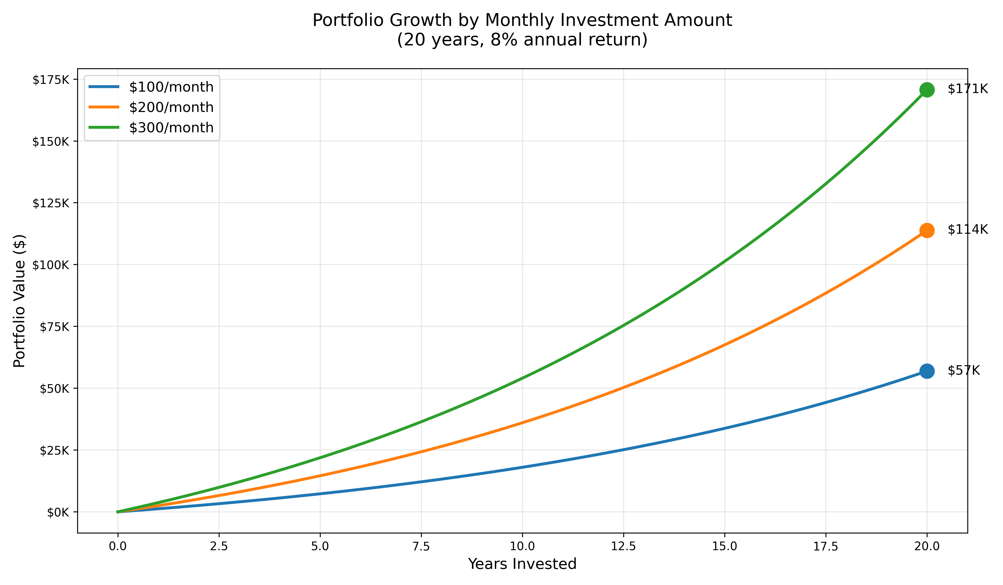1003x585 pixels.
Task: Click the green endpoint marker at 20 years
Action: (927, 90)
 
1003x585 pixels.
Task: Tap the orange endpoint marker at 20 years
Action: (927, 230)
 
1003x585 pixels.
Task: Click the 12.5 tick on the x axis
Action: (623, 546)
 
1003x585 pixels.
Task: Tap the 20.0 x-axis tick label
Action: (927, 546)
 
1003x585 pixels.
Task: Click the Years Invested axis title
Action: (522, 564)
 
